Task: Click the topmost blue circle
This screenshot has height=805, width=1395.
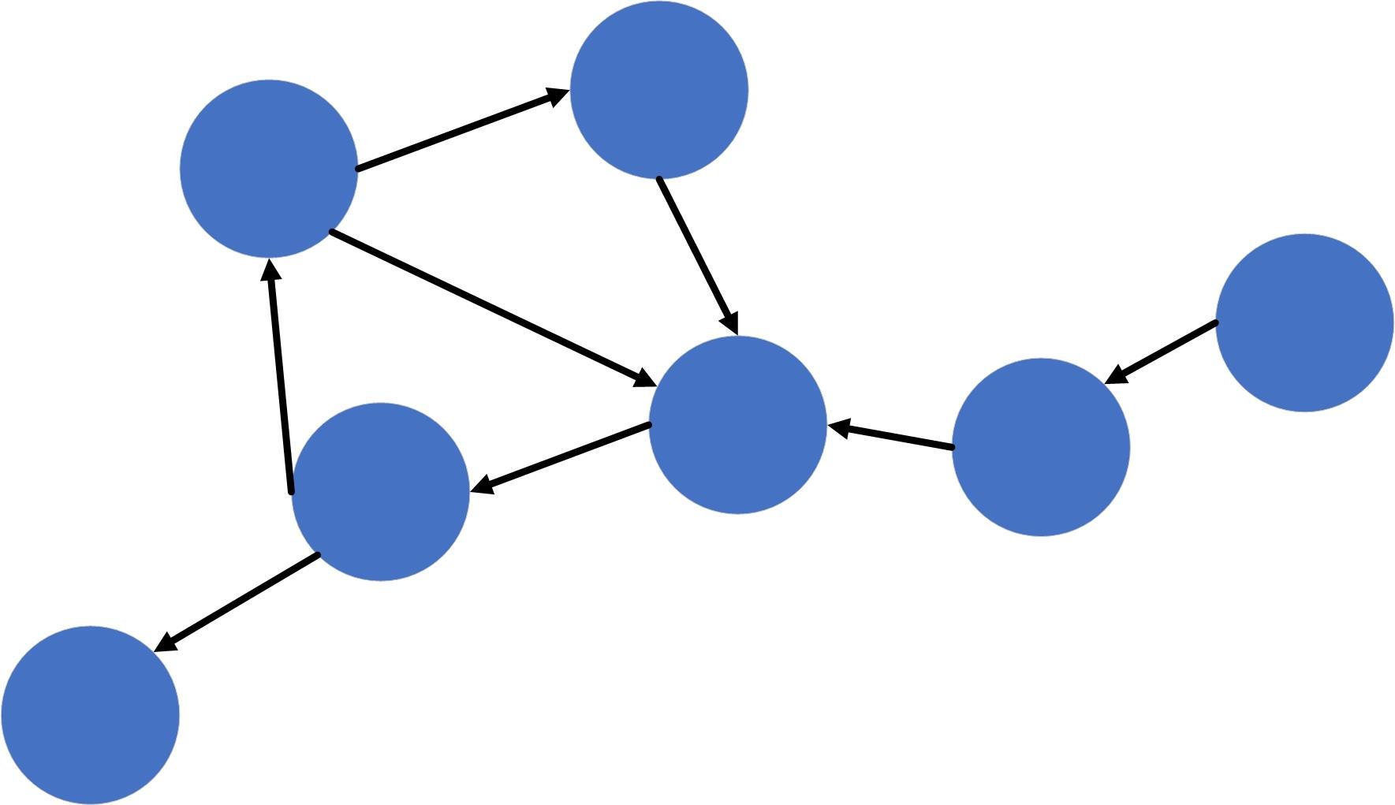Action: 658,89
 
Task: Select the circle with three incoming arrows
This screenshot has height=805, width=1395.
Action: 737,425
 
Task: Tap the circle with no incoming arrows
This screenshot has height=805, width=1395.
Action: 1304,322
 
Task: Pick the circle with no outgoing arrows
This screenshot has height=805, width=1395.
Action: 90,715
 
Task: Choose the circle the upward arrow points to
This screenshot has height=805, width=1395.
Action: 269,168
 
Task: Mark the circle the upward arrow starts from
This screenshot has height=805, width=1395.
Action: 380,492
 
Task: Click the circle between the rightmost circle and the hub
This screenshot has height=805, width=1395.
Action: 1041,447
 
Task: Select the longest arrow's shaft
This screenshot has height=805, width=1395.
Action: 489,307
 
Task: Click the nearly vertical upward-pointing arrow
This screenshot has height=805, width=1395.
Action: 281,378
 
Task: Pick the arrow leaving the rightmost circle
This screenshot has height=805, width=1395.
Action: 1163,352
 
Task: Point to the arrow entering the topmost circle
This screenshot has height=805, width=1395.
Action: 461,130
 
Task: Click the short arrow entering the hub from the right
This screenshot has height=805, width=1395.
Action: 891,437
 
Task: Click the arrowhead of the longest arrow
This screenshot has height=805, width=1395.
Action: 643,379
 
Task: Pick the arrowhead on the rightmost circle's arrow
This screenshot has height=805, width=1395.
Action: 1117,376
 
